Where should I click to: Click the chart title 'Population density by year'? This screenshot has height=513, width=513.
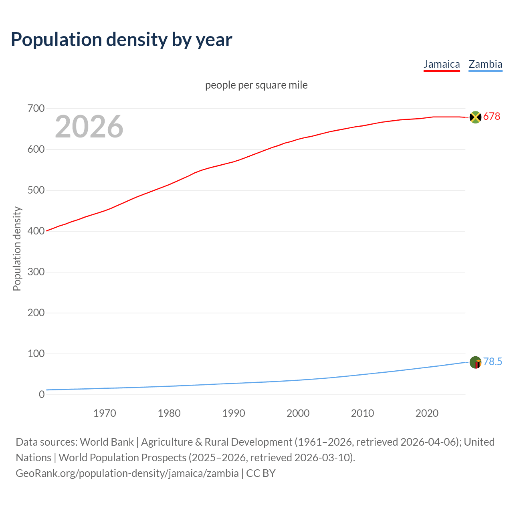tap(121, 40)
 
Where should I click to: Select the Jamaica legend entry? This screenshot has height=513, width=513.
tap(442, 64)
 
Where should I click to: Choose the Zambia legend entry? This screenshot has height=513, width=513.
tap(485, 64)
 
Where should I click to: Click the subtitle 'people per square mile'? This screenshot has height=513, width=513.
tap(256, 85)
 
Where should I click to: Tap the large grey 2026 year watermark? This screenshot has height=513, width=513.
tap(89, 127)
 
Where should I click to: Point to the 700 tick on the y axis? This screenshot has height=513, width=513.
tap(36, 109)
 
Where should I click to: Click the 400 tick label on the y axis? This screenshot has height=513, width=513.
tap(36, 231)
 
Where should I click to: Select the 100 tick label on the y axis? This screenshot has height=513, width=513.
tap(36, 354)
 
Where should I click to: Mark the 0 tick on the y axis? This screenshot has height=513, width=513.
tap(42, 395)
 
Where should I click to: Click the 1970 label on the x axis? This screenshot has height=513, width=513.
tap(105, 413)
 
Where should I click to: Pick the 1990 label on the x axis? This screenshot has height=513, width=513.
tap(234, 413)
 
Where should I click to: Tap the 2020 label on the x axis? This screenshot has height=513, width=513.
tap(427, 413)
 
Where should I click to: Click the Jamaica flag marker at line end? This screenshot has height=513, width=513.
tap(475, 117)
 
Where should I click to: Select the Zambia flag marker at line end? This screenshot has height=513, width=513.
tap(475, 362)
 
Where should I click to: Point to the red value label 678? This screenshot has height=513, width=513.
tap(492, 117)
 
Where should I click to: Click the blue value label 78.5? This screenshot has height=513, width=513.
tap(493, 362)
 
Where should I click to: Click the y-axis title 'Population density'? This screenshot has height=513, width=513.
tap(17, 248)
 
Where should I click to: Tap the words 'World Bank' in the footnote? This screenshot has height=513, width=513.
tap(107, 442)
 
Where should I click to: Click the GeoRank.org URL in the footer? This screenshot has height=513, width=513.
tap(127, 473)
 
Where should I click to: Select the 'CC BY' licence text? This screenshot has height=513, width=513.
tap(261, 473)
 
